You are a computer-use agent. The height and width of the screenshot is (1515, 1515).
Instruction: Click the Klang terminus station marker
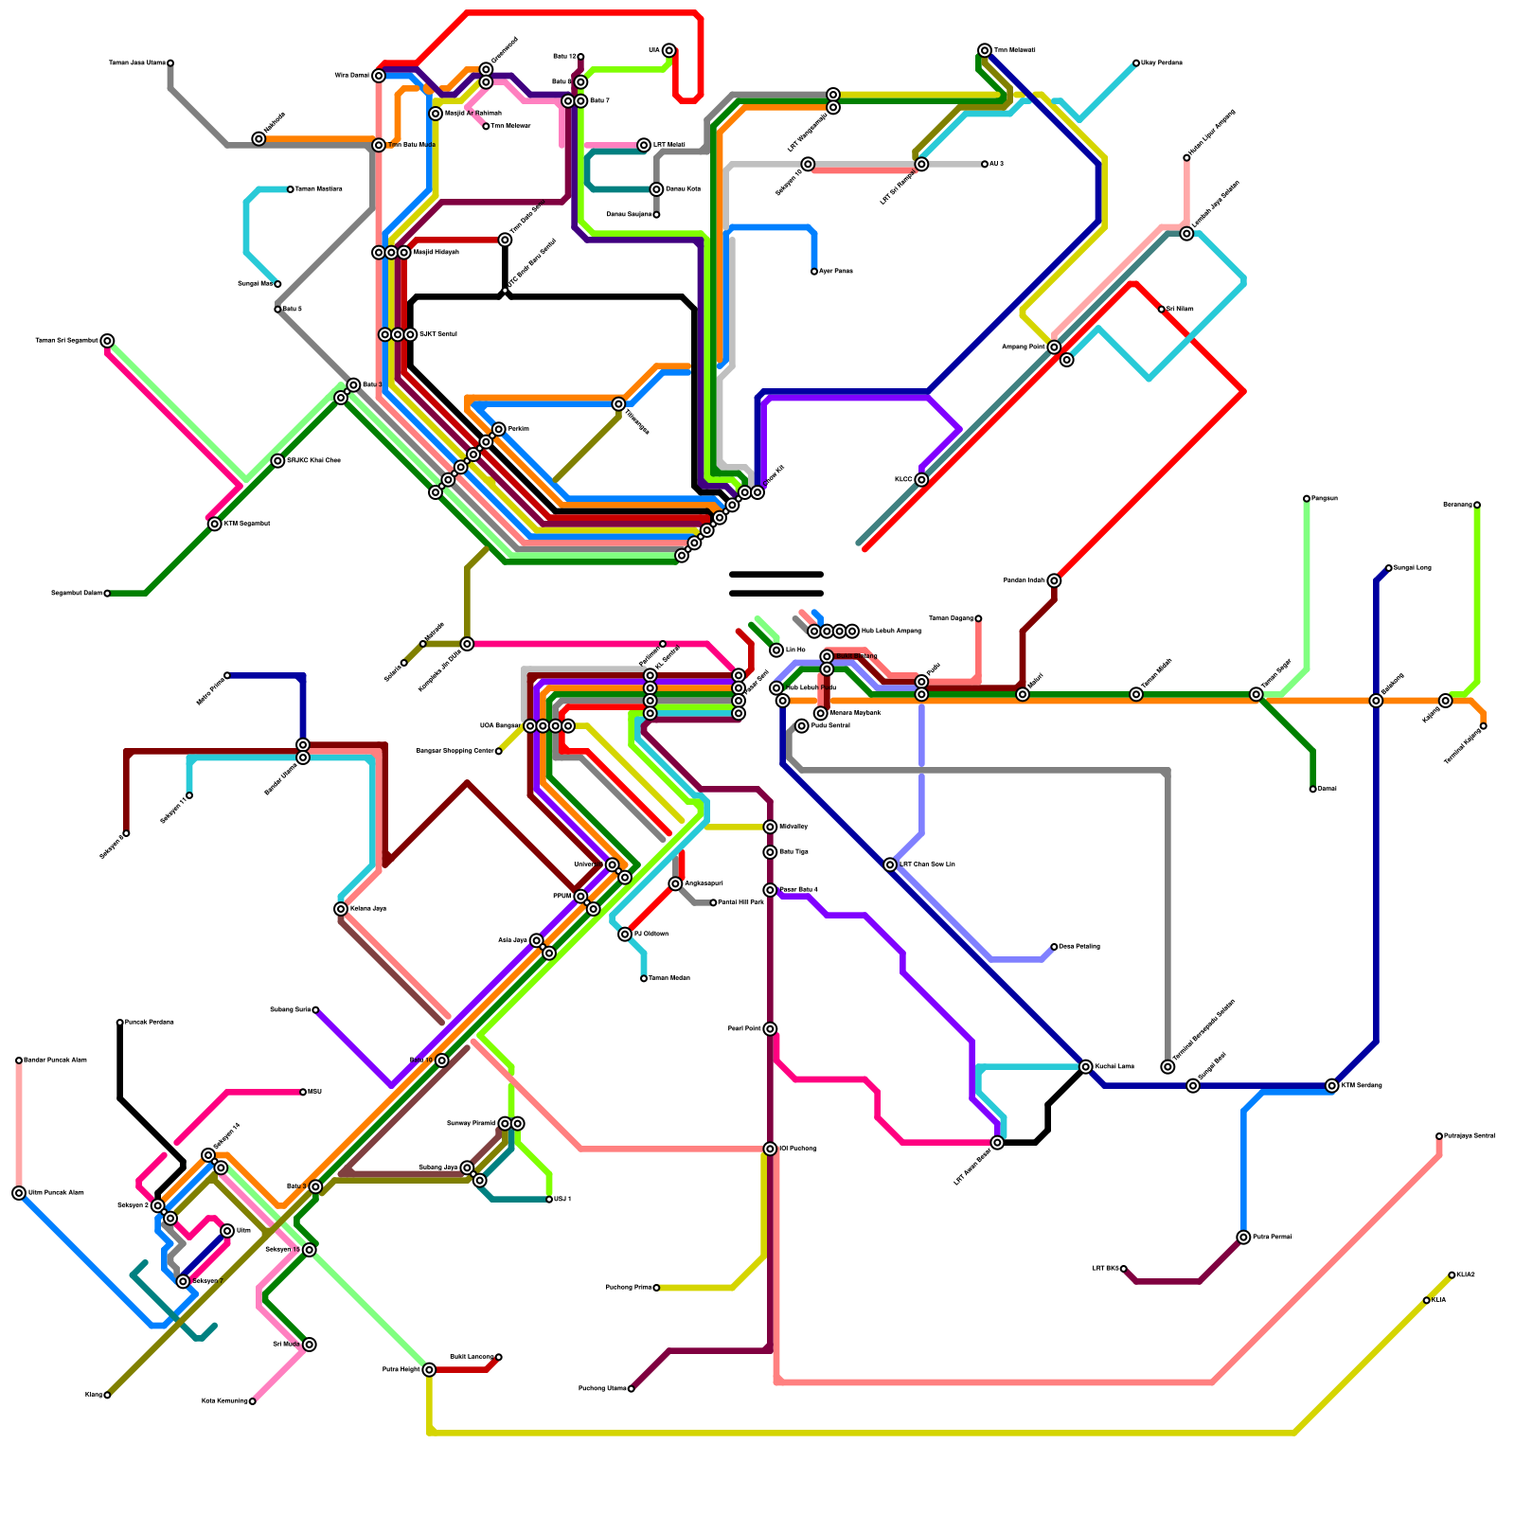coord(107,1395)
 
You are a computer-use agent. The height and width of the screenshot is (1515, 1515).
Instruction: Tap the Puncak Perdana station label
coord(150,1023)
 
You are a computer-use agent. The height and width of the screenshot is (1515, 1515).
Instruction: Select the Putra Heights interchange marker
coord(429,1369)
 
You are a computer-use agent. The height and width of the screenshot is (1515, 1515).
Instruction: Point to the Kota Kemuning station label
coord(224,1401)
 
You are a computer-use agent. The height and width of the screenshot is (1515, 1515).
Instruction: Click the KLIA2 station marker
coord(1452,1275)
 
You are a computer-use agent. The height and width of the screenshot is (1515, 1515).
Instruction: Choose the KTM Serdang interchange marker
coord(1332,1086)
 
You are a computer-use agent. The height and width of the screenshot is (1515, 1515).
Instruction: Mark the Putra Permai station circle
coord(1243,1238)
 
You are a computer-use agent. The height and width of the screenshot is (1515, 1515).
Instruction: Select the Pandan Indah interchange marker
coord(1054,580)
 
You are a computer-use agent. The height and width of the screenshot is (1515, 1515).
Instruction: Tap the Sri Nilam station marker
coord(1162,310)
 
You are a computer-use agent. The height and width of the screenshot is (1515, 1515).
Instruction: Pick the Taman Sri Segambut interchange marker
coord(107,341)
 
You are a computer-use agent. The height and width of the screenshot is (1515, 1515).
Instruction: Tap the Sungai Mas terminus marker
coord(277,284)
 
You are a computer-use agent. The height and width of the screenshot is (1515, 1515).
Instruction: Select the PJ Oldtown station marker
coord(625,935)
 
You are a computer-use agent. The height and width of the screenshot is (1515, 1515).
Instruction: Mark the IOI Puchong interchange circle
coord(770,1149)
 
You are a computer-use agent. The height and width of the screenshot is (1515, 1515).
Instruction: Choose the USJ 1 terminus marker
coord(549,1200)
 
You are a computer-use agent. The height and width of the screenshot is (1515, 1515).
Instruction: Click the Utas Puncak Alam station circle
coord(19,1193)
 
